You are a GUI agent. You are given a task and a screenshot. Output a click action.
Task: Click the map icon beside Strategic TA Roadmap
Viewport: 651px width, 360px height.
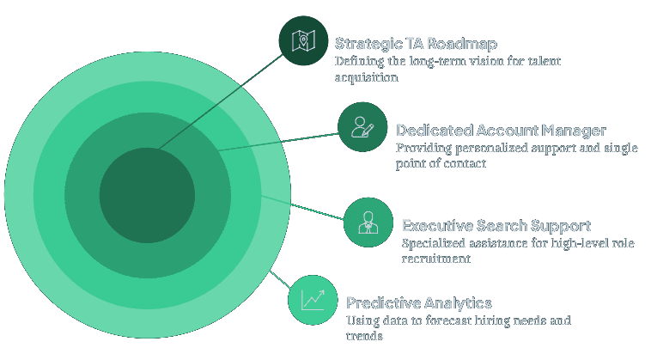pos(303,40)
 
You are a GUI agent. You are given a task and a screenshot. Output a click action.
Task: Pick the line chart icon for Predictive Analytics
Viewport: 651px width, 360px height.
pos(313,300)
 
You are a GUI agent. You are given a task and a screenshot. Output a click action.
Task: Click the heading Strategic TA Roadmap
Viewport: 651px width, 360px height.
pos(416,43)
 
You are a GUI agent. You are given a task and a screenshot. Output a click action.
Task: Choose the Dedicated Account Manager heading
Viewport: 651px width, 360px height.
pos(501,131)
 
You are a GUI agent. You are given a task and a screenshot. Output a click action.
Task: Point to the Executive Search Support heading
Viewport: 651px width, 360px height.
pos(496,226)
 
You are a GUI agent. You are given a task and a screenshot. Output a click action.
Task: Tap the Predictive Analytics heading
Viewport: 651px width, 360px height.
pos(418,303)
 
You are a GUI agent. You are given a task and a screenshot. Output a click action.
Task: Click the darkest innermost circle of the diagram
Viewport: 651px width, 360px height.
pos(147,195)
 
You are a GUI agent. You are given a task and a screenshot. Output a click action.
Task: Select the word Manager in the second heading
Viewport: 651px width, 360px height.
pos(574,131)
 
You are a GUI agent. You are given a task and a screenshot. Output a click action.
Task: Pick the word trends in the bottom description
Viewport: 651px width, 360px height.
pos(364,337)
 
